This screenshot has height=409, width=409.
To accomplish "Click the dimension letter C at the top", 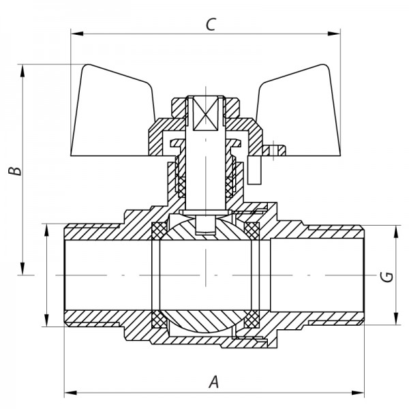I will [211, 25].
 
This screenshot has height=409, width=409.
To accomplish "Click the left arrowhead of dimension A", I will [68, 393].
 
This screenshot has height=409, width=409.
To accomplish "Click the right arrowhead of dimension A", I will [361, 393].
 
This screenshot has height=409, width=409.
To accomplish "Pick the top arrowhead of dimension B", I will [25, 68].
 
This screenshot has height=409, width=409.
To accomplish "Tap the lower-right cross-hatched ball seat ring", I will [252, 318].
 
